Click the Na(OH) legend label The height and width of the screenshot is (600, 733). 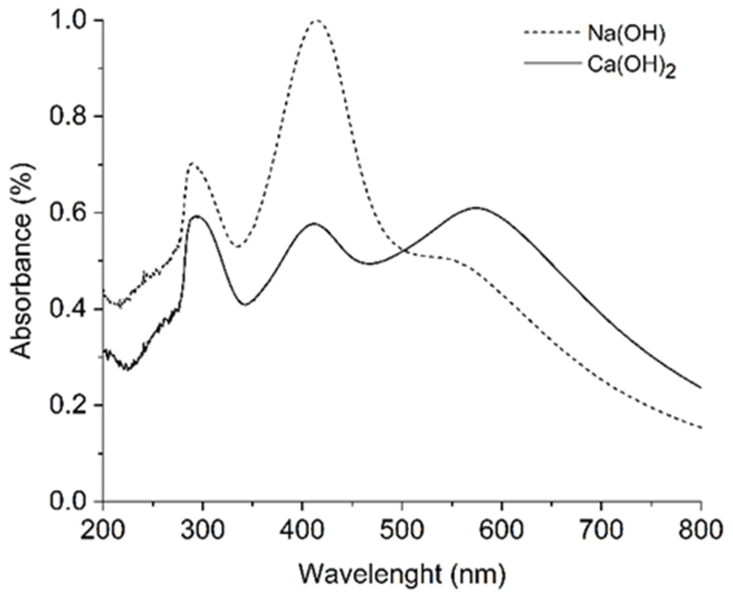tap(626, 34)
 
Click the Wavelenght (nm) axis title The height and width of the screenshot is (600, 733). tap(402, 574)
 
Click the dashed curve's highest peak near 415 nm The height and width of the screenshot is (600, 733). tap(317, 20)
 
